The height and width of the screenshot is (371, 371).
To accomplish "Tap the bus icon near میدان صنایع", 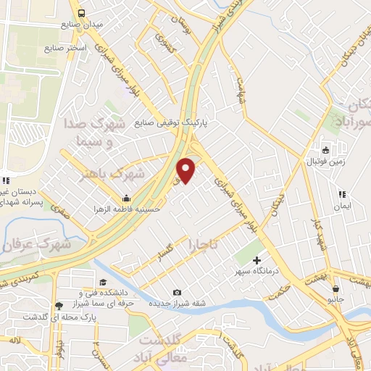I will click(x=81, y=13).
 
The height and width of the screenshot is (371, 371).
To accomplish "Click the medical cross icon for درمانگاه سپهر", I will click(x=256, y=260).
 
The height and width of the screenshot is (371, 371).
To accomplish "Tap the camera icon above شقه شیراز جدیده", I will click(x=177, y=292).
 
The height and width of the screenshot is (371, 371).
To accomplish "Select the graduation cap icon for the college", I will click(x=101, y=282).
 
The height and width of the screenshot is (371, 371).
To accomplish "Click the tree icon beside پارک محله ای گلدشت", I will click(x=58, y=307).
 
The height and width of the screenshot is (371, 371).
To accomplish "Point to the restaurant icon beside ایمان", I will click(x=342, y=194).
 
